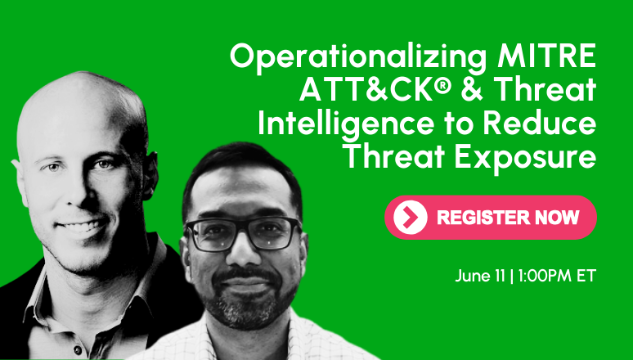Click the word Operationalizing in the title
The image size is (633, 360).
click(x=358, y=58)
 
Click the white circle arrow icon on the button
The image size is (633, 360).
click(x=411, y=218)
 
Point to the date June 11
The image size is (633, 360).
click(x=480, y=277)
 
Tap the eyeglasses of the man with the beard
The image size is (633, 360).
click(x=244, y=233)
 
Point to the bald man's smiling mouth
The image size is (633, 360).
click(x=82, y=226)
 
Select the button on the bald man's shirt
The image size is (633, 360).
click(x=77, y=349)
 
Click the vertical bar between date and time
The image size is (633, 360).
click(x=512, y=277)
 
